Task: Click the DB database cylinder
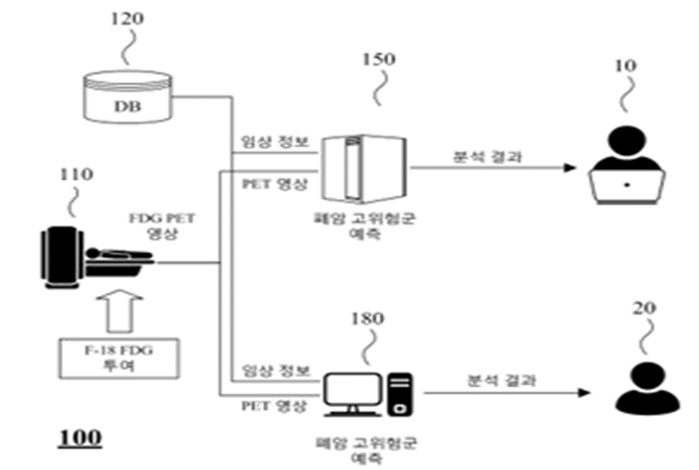pyautogui.click(x=127, y=98)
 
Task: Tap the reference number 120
pyautogui.click(x=127, y=19)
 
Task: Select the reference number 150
pyautogui.click(x=379, y=59)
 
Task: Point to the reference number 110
pyautogui.click(x=76, y=174)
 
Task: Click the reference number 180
pyautogui.click(x=367, y=319)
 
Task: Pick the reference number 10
pyautogui.click(x=626, y=66)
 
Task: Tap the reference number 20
pyautogui.click(x=644, y=308)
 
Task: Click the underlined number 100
pyautogui.click(x=80, y=438)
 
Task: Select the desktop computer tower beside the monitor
pyautogui.click(x=400, y=395)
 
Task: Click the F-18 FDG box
pyautogui.click(x=120, y=358)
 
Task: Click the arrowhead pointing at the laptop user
pyautogui.click(x=570, y=168)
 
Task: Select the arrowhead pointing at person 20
pyautogui.click(x=585, y=393)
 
